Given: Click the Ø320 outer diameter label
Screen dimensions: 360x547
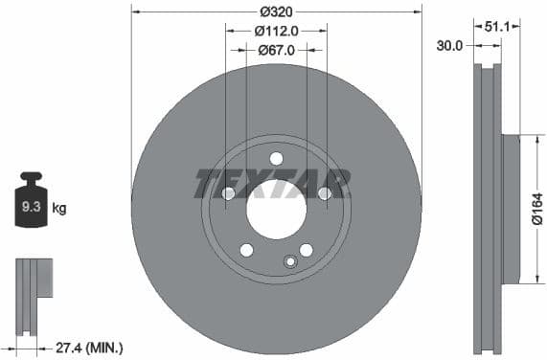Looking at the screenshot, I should [276, 12].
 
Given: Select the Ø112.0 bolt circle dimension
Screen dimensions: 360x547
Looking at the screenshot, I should [276, 31].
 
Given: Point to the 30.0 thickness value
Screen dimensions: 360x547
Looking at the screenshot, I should [449, 45].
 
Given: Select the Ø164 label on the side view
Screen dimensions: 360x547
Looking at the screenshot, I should [537, 210].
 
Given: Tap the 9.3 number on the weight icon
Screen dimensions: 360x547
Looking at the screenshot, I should [31, 206].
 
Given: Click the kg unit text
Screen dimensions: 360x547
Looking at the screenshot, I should [58, 207].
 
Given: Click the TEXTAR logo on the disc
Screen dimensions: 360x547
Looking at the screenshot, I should [273, 183].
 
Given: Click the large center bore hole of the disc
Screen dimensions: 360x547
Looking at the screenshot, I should [276, 210].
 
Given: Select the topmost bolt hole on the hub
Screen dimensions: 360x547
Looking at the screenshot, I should [276, 159].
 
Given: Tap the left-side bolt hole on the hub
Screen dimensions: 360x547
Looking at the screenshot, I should [228, 193].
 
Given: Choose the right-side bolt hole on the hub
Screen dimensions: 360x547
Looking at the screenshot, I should [324, 193].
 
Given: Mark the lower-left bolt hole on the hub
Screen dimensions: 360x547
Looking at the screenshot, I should [246, 250].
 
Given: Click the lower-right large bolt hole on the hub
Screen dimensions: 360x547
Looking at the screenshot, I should [306, 250].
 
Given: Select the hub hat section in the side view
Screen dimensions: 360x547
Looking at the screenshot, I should [510, 209].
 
